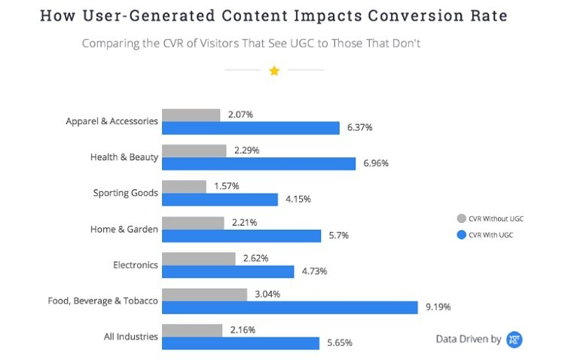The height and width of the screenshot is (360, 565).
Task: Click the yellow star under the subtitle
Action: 274,70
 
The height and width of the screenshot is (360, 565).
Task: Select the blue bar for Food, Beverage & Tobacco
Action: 290,307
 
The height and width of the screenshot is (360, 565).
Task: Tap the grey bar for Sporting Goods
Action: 185,186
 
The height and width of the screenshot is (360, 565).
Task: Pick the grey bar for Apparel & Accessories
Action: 191,114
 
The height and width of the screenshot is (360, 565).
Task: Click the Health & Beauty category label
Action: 124,157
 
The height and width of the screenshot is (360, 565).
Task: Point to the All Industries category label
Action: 131,337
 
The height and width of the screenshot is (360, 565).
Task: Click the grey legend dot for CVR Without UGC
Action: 461,218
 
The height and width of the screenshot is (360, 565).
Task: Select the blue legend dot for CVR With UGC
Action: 461,235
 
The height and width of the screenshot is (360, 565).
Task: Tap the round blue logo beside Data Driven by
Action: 515,339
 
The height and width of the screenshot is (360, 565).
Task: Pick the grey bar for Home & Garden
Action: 194,223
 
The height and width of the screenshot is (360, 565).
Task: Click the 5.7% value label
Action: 339,236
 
